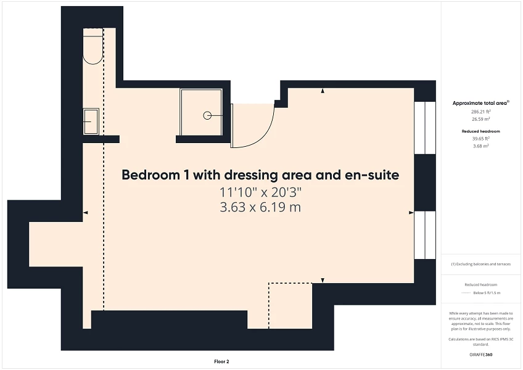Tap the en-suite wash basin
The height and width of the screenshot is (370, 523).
[91, 121]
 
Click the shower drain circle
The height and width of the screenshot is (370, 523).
[207, 115]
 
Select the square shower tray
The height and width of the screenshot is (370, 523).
[201, 112]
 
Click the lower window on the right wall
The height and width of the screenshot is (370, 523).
[424, 235]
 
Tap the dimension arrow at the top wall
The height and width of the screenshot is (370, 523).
[323, 92]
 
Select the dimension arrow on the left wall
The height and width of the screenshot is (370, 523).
[86, 212]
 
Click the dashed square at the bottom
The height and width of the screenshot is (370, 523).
[290, 305]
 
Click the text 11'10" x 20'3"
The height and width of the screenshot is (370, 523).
[260, 192]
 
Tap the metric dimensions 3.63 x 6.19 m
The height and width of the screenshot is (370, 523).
[260, 208]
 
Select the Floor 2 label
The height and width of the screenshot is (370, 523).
[221, 361]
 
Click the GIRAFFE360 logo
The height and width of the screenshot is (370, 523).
[480, 355]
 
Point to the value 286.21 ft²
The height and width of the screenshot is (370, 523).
[480, 112]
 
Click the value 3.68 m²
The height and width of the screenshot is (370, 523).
[480, 146]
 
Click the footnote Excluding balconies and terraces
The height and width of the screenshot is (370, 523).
[480, 264]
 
